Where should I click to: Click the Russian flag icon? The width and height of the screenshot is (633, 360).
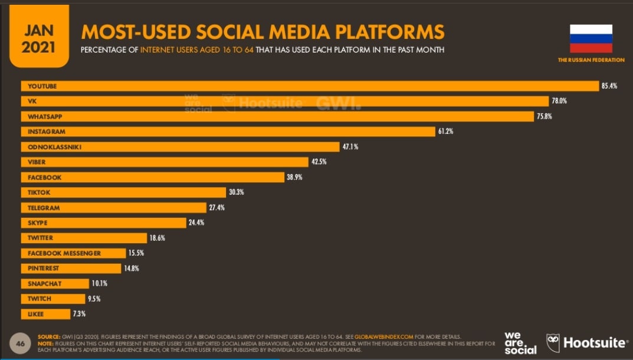point(591,39)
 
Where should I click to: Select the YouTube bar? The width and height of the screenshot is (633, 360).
point(310,86)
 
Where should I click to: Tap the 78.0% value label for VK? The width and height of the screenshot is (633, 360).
point(559,101)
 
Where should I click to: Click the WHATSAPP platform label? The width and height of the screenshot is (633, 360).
point(44,117)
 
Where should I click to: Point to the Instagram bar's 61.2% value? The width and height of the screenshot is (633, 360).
point(445,132)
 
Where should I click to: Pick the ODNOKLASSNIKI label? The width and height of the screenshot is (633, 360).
point(54,147)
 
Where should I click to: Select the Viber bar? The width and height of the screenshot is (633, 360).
point(165,162)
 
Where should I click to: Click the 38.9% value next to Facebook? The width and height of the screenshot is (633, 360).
point(294,177)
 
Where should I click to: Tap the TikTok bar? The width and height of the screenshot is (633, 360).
point(124,192)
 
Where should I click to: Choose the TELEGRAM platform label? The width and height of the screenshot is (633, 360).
point(44,208)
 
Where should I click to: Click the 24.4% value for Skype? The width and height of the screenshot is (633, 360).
point(197,223)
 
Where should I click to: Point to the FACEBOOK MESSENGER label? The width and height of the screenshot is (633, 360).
point(64,253)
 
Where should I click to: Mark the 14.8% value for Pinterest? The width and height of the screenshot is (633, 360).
point(132,269)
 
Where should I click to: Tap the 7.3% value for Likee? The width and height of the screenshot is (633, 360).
point(78,314)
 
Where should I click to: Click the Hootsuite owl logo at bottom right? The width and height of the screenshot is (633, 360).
point(553,343)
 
